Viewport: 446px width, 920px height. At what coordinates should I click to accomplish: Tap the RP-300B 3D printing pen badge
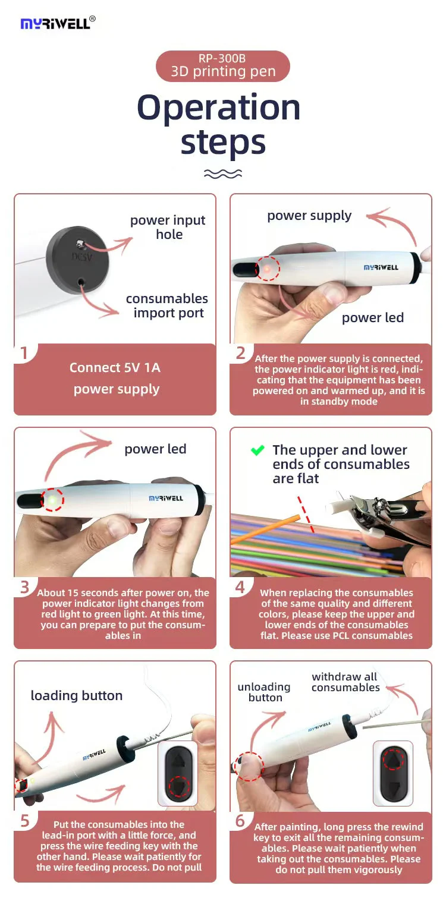223,66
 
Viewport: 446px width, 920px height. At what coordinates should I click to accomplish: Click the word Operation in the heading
219,107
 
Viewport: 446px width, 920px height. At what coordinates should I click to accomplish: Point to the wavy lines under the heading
223,174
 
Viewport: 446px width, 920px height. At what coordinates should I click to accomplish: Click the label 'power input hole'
168,227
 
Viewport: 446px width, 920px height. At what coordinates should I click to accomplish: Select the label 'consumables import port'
167,305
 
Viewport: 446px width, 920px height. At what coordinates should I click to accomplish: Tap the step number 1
24,353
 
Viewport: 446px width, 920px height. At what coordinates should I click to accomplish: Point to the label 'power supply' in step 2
309,216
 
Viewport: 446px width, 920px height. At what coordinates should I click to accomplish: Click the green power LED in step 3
52,500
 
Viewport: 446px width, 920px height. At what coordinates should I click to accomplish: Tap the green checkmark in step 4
257,450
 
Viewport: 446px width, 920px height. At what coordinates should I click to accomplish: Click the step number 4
240,587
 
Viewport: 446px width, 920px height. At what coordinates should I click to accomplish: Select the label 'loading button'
77,695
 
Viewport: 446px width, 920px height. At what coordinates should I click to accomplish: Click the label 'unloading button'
264,692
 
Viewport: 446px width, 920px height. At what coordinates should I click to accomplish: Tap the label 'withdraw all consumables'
346,682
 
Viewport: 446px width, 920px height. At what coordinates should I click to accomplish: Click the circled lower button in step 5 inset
179,786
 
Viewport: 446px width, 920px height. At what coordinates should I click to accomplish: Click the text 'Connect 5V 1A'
115,368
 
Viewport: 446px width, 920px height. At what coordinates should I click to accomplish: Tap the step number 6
240,821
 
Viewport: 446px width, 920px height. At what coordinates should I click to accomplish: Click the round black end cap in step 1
78,260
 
